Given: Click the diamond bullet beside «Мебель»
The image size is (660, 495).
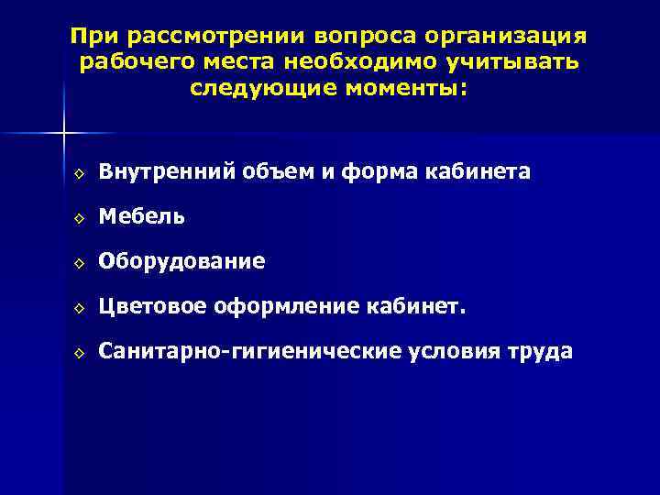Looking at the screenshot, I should point(80,218).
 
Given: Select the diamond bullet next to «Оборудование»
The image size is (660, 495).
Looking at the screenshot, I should point(80,263).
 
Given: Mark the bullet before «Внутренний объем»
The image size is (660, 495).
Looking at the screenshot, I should point(80,173).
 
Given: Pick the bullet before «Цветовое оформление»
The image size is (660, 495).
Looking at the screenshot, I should point(80,308).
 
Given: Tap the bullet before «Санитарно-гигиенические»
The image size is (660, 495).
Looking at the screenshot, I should point(80,353).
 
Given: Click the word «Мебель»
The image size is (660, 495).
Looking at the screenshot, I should point(142,216).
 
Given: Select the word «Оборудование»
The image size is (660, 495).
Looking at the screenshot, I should point(182,261).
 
